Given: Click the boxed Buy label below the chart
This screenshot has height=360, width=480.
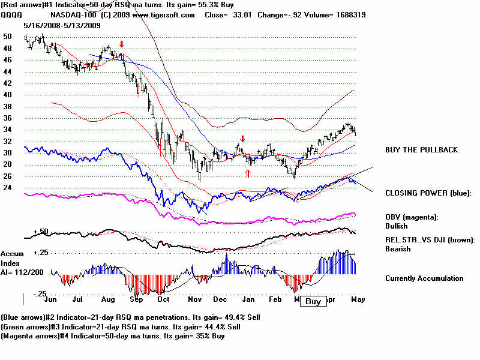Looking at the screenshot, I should (313, 301).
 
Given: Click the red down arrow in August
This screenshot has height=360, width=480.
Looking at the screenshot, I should (122, 44).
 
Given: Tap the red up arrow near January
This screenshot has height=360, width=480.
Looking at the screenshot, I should (248, 173).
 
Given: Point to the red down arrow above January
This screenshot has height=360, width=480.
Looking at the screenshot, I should (242, 139).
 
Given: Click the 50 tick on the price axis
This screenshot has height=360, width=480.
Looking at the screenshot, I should (7, 37).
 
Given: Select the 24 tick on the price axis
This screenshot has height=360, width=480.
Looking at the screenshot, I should (7, 187).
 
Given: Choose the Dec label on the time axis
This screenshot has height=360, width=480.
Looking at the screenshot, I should (220, 298).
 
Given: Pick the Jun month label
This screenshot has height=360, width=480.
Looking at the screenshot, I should (51, 298).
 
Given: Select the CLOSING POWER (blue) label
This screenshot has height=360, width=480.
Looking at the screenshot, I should (428, 193).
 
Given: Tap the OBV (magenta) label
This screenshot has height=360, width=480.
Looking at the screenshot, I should (412, 217).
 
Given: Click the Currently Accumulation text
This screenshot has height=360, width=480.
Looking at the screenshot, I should (424, 278).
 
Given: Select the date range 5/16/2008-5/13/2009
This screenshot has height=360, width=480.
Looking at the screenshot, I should (58, 26).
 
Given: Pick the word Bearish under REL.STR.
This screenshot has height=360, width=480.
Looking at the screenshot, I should (398, 248).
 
